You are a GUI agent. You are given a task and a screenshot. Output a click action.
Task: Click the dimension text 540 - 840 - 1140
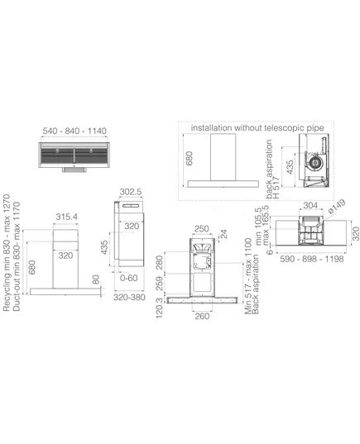click(74, 131)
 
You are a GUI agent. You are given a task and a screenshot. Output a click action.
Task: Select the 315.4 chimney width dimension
click(66, 217)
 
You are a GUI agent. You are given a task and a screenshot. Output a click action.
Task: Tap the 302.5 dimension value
click(131, 192)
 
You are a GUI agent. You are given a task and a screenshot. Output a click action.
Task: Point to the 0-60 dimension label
click(129, 278)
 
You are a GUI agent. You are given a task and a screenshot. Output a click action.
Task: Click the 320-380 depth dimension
click(129, 297)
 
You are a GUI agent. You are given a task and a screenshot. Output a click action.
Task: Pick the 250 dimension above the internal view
click(202, 228)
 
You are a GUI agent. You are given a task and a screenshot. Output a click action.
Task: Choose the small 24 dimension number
click(223, 234)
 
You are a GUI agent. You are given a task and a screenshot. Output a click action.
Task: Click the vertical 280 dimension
click(159, 262)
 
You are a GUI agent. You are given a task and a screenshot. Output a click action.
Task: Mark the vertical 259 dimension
click(159, 284)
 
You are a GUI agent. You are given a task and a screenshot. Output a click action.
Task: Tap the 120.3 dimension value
click(159, 308)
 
